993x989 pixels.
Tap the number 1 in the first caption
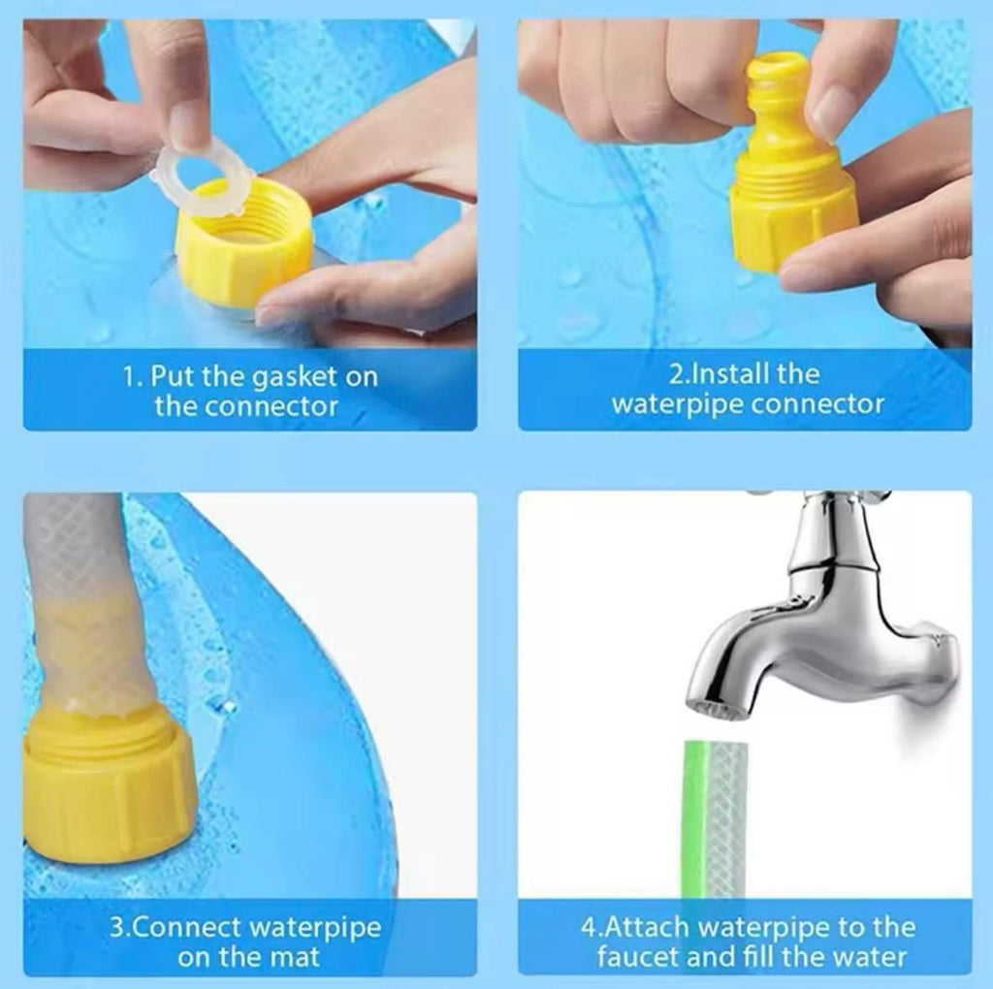pos(128,377)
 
